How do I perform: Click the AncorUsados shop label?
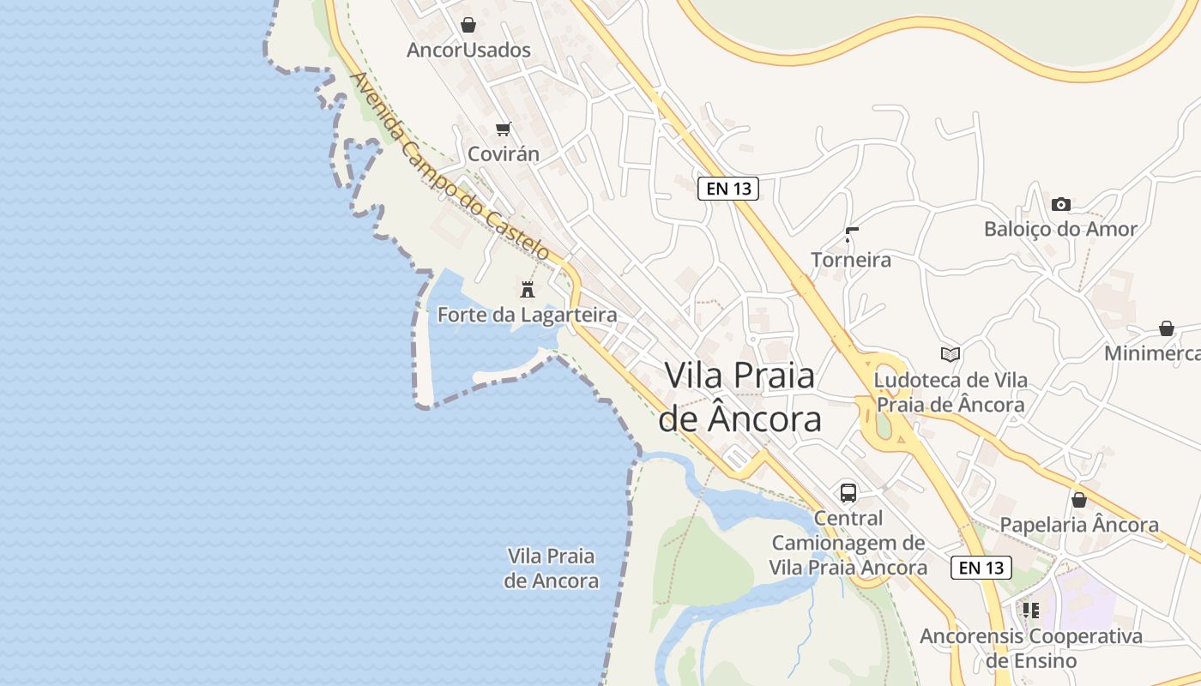point(468,50)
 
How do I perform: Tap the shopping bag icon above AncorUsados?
point(468,25)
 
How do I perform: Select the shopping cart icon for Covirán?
point(504,129)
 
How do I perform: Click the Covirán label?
point(504,154)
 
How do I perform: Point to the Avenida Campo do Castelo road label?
point(450,166)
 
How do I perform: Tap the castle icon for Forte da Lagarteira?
point(528,289)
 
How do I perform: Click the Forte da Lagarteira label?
point(527,315)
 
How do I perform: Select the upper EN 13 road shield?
point(728,189)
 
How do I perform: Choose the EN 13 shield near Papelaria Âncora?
point(981,568)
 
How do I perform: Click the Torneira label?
point(851,260)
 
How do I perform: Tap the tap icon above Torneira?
point(851,234)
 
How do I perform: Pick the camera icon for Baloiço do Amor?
point(1061,204)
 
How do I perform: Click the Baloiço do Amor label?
point(1060,229)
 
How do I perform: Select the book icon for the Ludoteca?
point(950,354)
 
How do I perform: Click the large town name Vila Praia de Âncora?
point(739,397)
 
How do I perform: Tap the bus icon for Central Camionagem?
point(848,493)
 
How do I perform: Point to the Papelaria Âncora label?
point(1079,525)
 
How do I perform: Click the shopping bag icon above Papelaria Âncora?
point(1079,499)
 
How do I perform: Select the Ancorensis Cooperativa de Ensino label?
point(1031,648)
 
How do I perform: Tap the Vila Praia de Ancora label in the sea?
point(551,568)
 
